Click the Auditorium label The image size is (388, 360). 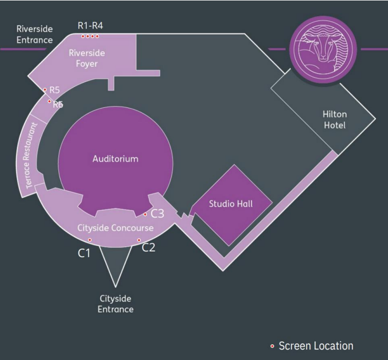(x=115, y=159)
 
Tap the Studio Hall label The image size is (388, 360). (x=231, y=203)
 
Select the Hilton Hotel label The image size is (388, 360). (x=335, y=120)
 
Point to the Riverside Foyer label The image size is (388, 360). (x=87, y=58)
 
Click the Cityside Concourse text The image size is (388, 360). (x=115, y=228)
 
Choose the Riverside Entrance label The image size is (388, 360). (x=35, y=34)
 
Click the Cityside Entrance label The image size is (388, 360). (x=115, y=304)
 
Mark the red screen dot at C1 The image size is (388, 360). (x=90, y=240)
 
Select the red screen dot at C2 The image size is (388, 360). (x=139, y=240)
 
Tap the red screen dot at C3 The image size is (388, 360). (x=145, y=215)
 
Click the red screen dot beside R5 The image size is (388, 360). (x=45, y=90)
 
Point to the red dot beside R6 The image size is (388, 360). (x=49, y=101)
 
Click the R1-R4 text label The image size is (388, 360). (x=91, y=25)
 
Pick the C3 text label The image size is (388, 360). (x=157, y=213)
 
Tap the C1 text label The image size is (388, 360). (x=84, y=253)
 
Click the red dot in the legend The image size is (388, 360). (x=272, y=346)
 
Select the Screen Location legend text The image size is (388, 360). (x=316, y=346)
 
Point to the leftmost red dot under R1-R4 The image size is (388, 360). (x=83, y=36)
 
